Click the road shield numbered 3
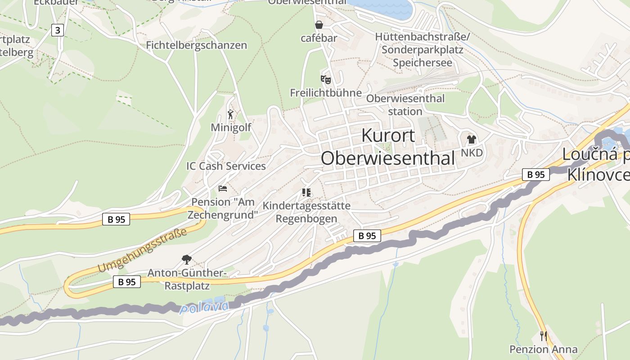pos(57,30)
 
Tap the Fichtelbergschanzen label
pos(196,45)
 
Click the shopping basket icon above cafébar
pos(319,24)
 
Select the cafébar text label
pos(319,38)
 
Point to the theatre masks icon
pos(326,80)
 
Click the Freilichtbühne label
pos(326,93)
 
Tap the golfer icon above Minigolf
pos(231,114)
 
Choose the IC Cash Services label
pos(226,166)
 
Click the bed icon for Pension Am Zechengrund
pos(223,189)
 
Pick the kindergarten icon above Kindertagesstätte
pos(306,193)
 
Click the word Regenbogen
pos(306,219)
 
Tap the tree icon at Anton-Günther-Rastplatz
pos(186,259)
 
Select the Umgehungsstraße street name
pos(142,250)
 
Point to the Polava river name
pos(204,308)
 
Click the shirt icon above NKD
pos(471,139)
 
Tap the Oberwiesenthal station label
pos(405,104)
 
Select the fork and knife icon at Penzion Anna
pos(544,336)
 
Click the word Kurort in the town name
pos(388,135)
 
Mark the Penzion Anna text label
pos(543,349)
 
